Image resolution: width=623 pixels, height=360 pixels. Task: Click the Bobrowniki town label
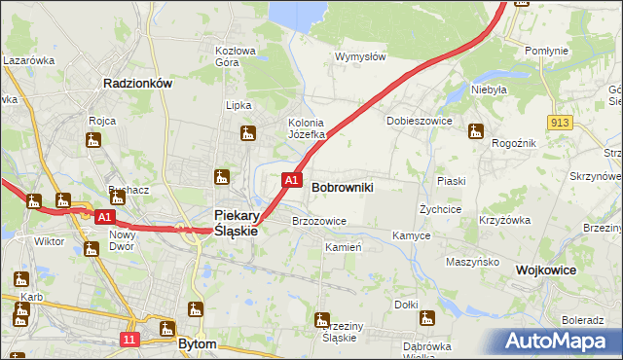pos(342,185)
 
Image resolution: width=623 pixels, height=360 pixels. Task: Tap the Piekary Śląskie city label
pos(235,223)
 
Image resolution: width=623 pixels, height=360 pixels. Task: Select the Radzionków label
pos(137,84)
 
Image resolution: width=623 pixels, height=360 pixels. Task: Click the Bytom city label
pos(198,343)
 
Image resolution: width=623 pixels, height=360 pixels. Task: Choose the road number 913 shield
pos(559,123)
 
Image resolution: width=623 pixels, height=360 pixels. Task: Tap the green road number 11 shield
pos(131,339)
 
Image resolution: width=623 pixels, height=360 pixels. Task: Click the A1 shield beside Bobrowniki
pos(291,180)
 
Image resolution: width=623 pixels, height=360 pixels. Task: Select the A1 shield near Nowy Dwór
pos(106,217)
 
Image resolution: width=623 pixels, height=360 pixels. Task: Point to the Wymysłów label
pos(361,56)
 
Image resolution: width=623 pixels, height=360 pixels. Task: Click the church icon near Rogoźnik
pos(476,131)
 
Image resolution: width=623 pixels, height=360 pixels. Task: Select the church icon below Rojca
pos(93,141)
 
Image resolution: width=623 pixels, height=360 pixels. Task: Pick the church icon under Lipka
pos(247,133)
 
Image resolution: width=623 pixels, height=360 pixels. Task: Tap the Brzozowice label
pos(319,221)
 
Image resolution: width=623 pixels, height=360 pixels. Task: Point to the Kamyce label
pos(411,235)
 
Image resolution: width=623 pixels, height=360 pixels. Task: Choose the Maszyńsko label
pos(472,262)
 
